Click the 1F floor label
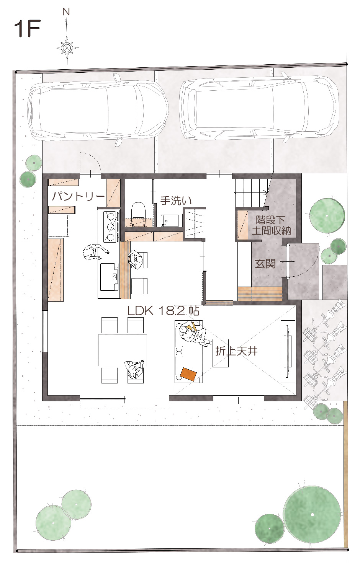click(x=28, y=29)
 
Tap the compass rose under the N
click(x=67, y=48)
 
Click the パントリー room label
click(x=78, y=197)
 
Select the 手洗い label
click(x=176, y=201)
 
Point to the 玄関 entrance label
click(x=265, y=264)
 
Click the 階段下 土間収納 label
click(x=271, y=226)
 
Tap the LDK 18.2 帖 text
click(x=163, y=311)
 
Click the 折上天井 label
click(x=236, y=351)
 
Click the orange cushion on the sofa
click(x=188, y=375)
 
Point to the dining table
click(x=123, y=350)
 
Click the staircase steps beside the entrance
click(x=251, y=193)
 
